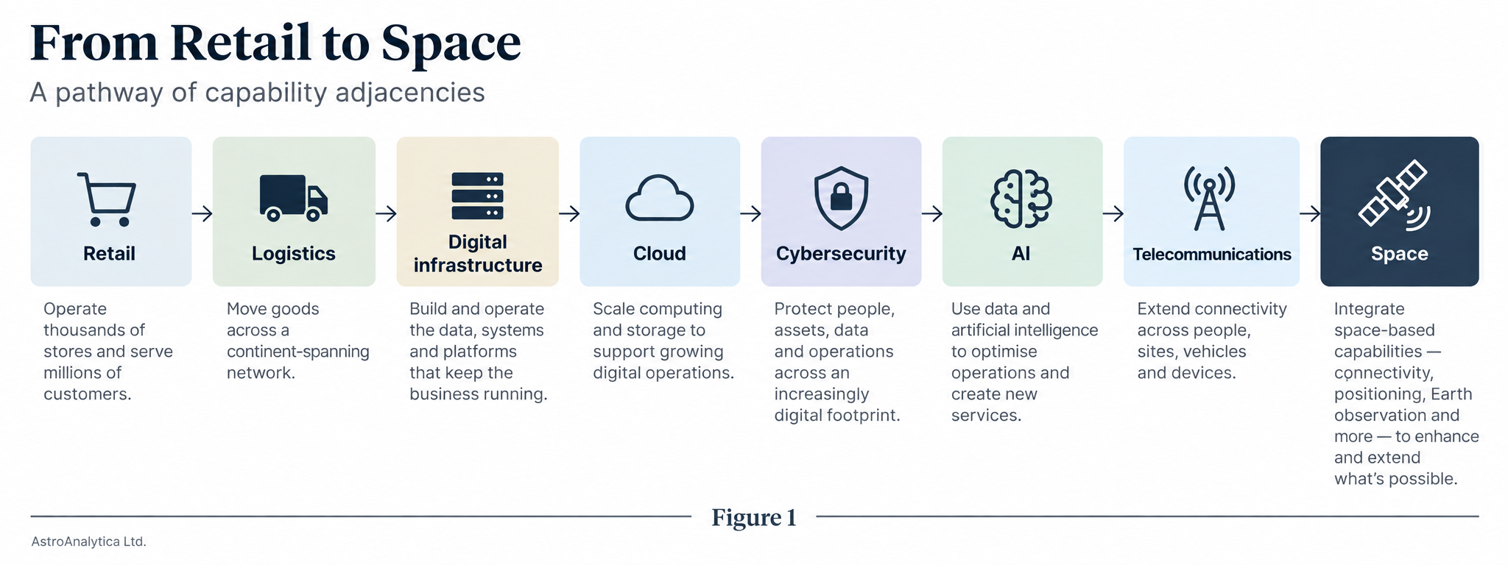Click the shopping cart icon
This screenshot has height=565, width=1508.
pos(108,199)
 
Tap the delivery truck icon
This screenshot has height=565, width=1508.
pos(293,197)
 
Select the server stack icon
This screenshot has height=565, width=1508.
pos(477,196)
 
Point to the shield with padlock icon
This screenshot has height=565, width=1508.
pos(841,198)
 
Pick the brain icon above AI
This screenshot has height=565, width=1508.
pos(1021,198)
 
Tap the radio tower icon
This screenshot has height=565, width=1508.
pos(1209,198)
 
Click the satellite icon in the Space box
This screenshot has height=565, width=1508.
pos(1394,194)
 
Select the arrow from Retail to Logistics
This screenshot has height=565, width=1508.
pos(202,213)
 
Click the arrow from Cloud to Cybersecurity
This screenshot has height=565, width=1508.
pos(751,213)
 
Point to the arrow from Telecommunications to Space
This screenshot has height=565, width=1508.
pos(1310,213)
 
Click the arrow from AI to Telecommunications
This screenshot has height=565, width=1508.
pos(1113,213)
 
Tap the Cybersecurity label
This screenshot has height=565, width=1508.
pos(841,254)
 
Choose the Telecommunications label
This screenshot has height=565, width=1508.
pos(1212,255)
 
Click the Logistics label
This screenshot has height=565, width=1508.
pos(294,254)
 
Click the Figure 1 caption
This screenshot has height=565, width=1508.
pos(754,518)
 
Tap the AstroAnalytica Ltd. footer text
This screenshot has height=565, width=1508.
pos(89,542)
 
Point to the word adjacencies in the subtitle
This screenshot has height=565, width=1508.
pos(410,93)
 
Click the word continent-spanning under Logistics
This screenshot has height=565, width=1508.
pos(298,352)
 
